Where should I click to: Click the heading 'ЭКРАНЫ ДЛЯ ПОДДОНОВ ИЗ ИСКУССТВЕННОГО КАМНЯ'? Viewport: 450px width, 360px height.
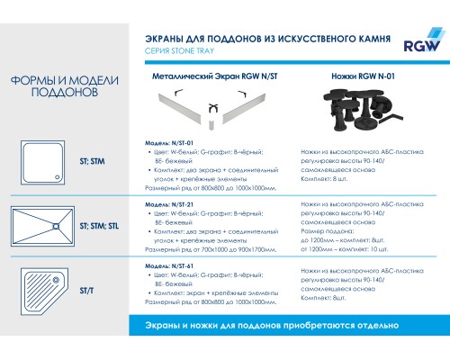point(266,39)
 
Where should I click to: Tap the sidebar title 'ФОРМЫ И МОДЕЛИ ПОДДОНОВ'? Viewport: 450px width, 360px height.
point(58,86)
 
